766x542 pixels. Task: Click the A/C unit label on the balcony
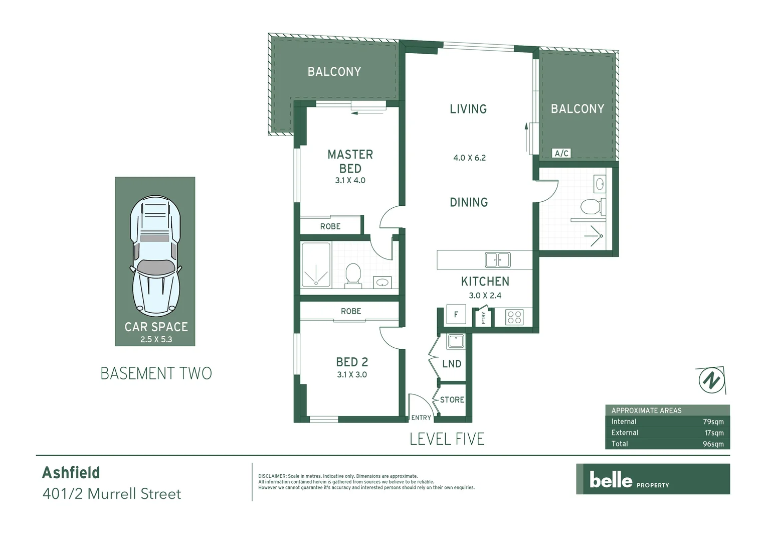click(561, 154)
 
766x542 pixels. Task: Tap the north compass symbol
click(710, 380)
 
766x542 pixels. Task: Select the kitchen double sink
click(497, 260)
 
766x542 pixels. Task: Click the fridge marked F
click(456, 315)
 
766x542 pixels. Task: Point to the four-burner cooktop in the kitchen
click(514, 317)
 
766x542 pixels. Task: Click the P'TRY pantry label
click(484, 318)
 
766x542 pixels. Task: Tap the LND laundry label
click(452, 364)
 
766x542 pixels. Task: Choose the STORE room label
click(452, 400)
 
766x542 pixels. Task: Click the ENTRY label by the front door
click(421, 418)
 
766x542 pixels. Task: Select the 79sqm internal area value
click(713, 422)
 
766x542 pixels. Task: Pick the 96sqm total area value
click(713, 444)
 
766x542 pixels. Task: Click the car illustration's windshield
click(155, 267)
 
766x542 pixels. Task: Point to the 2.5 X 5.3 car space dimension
click(156, 340)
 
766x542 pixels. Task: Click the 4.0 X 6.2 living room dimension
click(469, 158)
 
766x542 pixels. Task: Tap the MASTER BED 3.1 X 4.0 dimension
click(350, 181)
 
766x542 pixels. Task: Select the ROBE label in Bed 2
click(351, 311)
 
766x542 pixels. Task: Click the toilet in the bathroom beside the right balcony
click(591, 206)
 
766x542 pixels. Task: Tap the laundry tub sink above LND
click(456, 341)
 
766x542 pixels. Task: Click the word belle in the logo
click(611, 480)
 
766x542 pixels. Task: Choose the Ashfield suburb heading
click(71, 473)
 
